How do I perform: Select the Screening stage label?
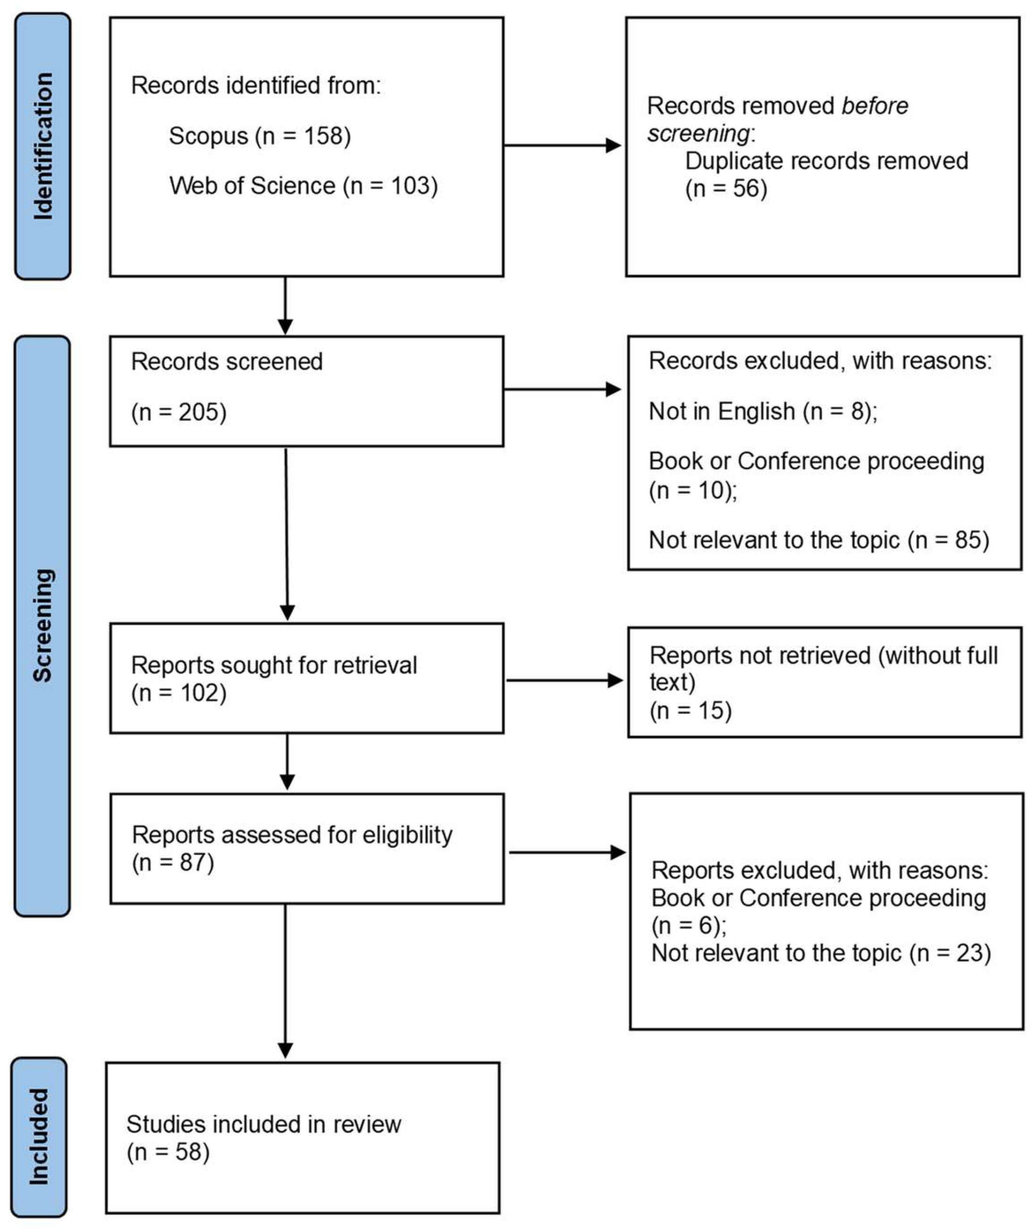42,625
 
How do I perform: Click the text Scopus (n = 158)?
259,136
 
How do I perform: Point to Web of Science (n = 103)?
303,186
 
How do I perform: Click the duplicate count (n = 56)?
726,188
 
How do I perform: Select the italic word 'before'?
874,106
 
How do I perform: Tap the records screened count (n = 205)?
178,412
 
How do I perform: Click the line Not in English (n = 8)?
762,411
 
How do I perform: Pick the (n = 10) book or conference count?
692,490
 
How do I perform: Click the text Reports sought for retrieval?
274,665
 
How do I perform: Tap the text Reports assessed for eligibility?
292,835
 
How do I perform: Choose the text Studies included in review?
263,1124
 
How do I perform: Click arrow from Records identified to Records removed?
562,145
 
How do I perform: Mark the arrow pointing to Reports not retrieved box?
564,680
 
